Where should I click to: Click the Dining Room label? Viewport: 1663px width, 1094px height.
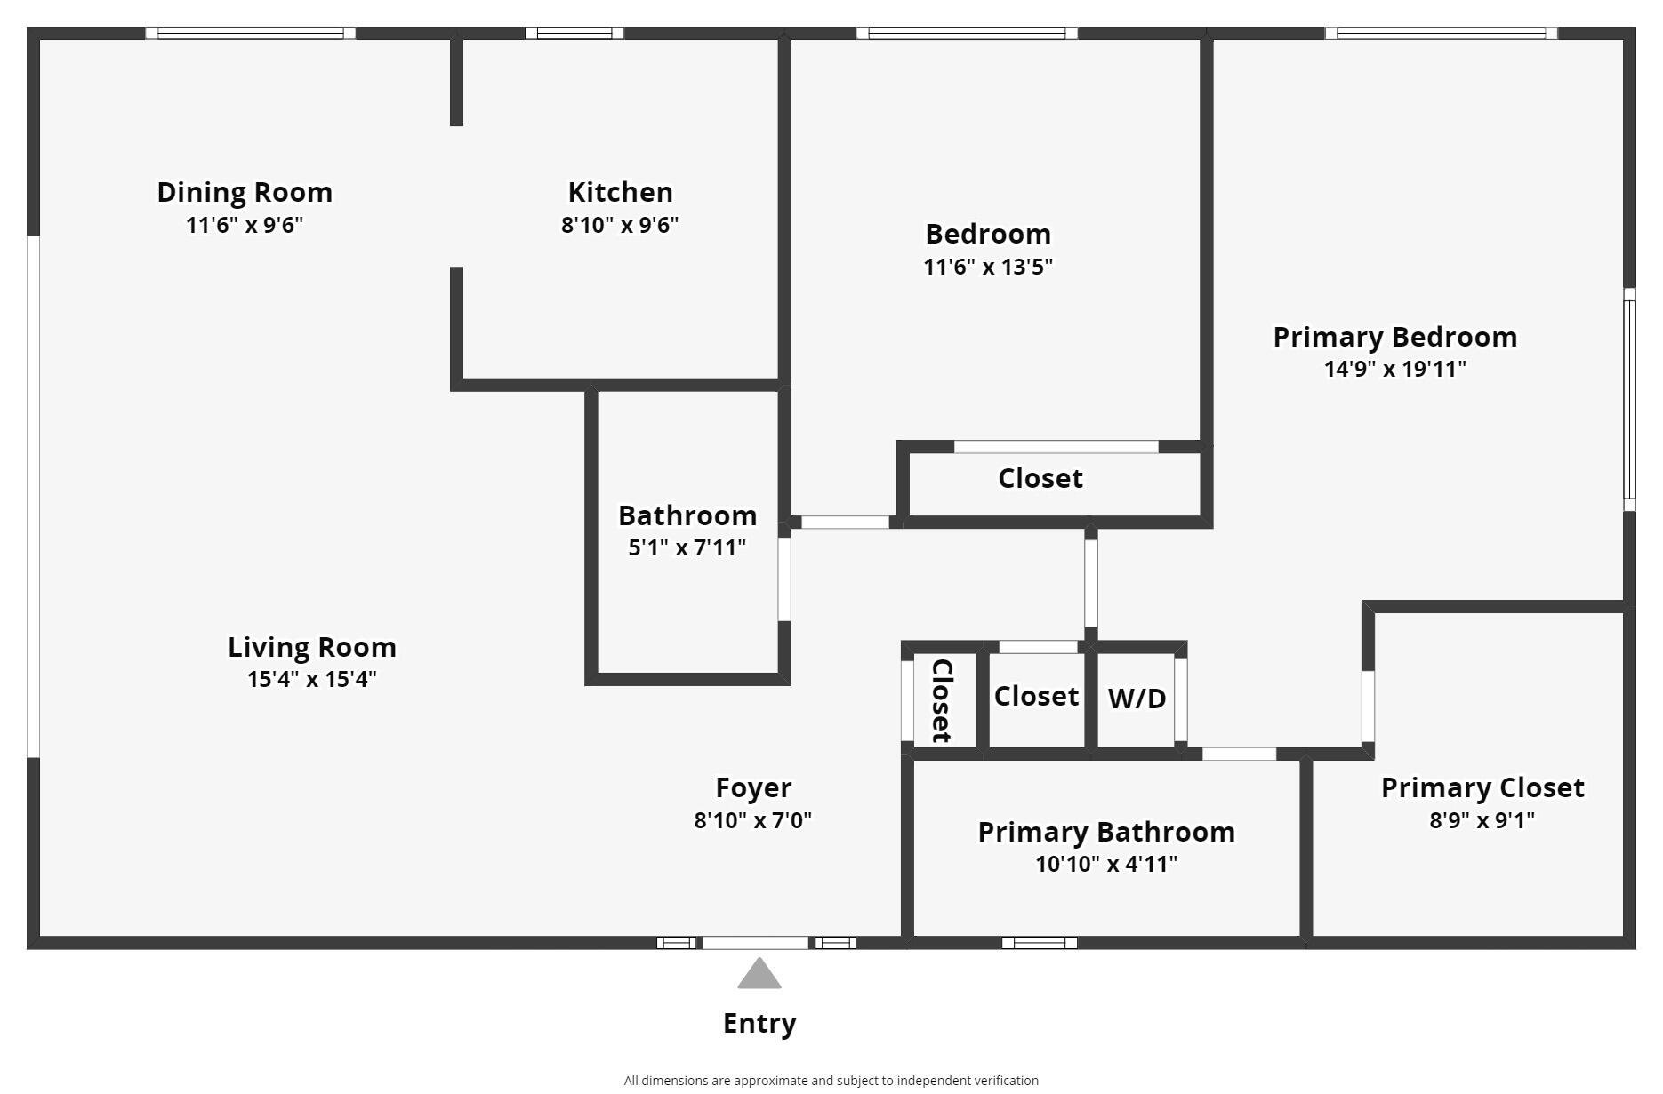pos(245,192)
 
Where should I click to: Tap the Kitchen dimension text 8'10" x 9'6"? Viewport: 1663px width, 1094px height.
pos(619,225)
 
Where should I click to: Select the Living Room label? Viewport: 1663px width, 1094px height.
pos(311,647)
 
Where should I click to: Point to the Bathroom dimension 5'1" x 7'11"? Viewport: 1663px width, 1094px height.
pos(687,547)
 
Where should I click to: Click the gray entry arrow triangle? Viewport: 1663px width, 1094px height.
pos(759,975)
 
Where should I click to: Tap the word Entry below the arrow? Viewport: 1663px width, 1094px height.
pos(759,1023)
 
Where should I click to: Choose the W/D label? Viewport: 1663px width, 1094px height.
pos(1137,699)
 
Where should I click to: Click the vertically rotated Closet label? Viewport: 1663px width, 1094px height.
pos(941,700)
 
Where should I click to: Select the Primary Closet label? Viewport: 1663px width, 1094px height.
pos(1482,787)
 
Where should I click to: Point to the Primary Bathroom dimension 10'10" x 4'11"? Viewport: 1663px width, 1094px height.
pos(1105,864)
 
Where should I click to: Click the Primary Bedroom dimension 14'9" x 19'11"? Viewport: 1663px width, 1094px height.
pos(1394,369)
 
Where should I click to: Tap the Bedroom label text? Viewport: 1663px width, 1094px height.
pos(988,234)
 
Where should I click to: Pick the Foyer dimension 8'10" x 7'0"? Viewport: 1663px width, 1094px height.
pos(752,819)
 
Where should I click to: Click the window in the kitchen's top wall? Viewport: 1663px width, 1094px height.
pos(574,34)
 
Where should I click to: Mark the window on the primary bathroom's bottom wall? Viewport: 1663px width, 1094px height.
pos(1039,943)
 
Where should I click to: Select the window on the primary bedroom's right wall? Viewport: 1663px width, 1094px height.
pos(1629,399)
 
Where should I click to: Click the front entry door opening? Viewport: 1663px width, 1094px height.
pos(756,943)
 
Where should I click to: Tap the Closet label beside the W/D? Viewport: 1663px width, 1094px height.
pos(1036,696)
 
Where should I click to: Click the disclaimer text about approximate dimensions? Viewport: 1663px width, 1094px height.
pos(831,1081)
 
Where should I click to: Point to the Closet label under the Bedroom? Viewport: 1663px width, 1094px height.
pos(1040,478)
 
